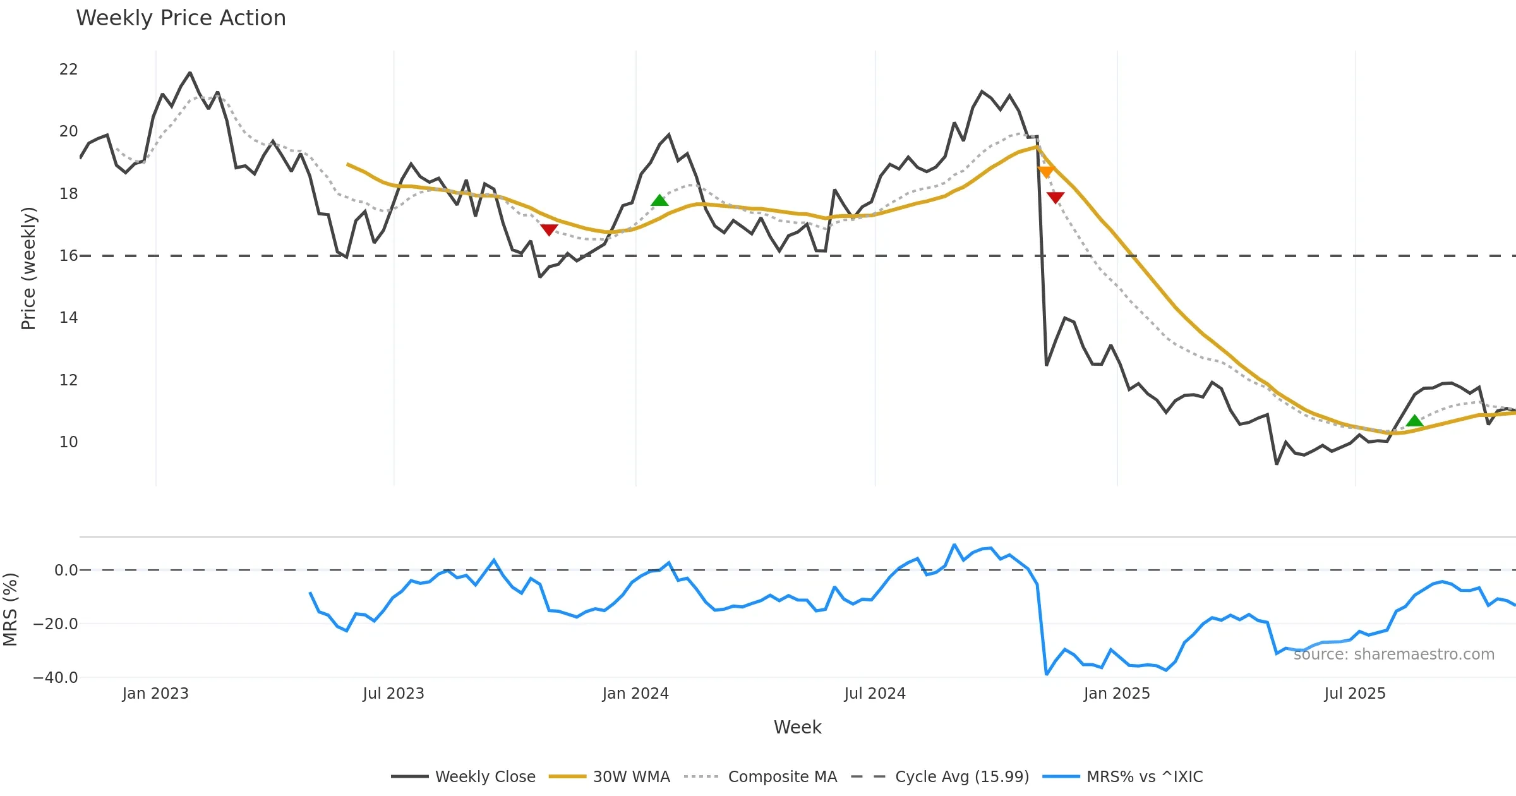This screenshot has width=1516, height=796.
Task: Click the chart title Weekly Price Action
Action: click(x=181, y=18)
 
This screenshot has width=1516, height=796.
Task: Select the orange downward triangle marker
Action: click(x=1045, y=172)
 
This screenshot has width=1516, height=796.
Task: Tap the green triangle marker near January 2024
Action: click(x=659, y=200)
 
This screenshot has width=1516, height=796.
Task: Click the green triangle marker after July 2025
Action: click(x=1414, y=421)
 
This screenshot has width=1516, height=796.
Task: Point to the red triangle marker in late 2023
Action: click(x=549, y=230)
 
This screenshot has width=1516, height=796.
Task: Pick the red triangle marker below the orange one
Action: click(x=1055, y=198)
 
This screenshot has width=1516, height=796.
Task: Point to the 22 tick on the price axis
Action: click(x=68, y=69)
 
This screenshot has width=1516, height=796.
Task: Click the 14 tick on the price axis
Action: click(x=68, y=318)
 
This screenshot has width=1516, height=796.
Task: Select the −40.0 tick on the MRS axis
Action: click(x=56, y=678)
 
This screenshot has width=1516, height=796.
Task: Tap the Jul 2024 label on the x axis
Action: click(x=875, y=694)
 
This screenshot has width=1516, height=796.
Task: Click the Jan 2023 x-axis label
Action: click(x=155, y=694)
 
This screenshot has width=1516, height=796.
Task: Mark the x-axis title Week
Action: click(x=797, y=728)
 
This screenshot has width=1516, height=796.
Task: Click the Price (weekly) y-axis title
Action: click(x=29, y=268)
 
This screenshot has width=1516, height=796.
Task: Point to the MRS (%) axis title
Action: click(x=11, y=610)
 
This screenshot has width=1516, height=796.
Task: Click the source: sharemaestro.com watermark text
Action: click(x=1393, y=654)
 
